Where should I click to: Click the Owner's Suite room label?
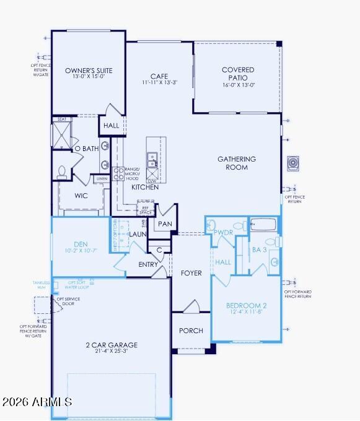[x=89, y=71]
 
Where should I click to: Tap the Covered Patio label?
[x=238, y=74]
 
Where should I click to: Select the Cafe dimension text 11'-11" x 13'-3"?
[x=159, y=82]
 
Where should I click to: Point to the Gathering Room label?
[x=236, y=163]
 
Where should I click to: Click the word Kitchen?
[x=144, y=187]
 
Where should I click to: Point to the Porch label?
[x=191, y=331]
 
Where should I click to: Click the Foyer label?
[x=191, y=273]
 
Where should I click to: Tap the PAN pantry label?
[x=165, y=224]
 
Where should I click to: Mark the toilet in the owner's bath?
[x=62, y=171]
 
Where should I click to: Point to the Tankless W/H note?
[x=41, y=285]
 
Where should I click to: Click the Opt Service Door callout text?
[x=66, y=302]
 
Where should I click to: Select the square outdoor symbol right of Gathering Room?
[x=293, y=163]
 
